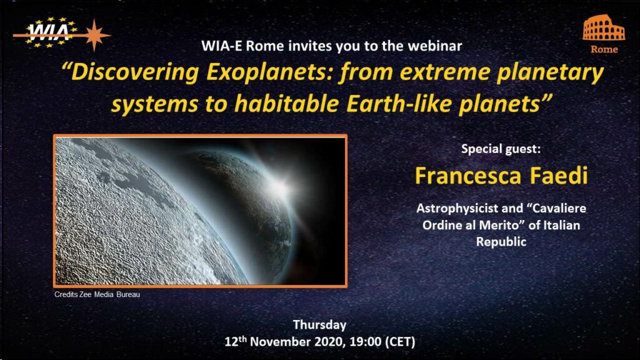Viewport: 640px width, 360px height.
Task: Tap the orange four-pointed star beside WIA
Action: (x=94, y=35)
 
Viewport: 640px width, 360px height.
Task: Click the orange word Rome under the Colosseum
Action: (x=604, y=49)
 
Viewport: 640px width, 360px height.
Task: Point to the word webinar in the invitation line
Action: (x=435, y=46)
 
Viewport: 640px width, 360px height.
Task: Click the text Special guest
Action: (x=501, y=149)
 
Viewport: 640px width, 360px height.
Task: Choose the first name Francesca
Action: (x=468, y=176)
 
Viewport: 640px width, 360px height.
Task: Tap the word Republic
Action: (x=501, y=242)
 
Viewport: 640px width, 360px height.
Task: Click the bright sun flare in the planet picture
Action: (x=281, y=187)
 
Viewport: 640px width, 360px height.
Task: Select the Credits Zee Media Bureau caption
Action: (x=97, y=294)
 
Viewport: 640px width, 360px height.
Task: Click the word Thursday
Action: (x=319, y=325)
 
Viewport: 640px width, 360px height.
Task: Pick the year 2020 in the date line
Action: (x=331, y=342)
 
